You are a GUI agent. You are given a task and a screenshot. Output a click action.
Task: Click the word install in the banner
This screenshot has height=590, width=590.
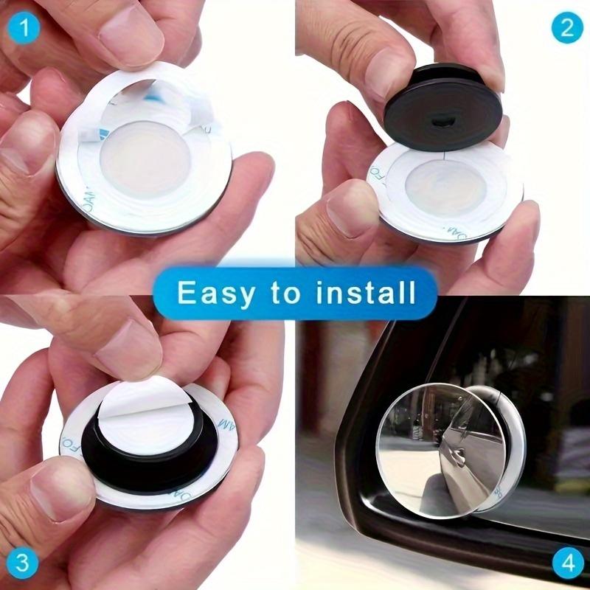point(368,293)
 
